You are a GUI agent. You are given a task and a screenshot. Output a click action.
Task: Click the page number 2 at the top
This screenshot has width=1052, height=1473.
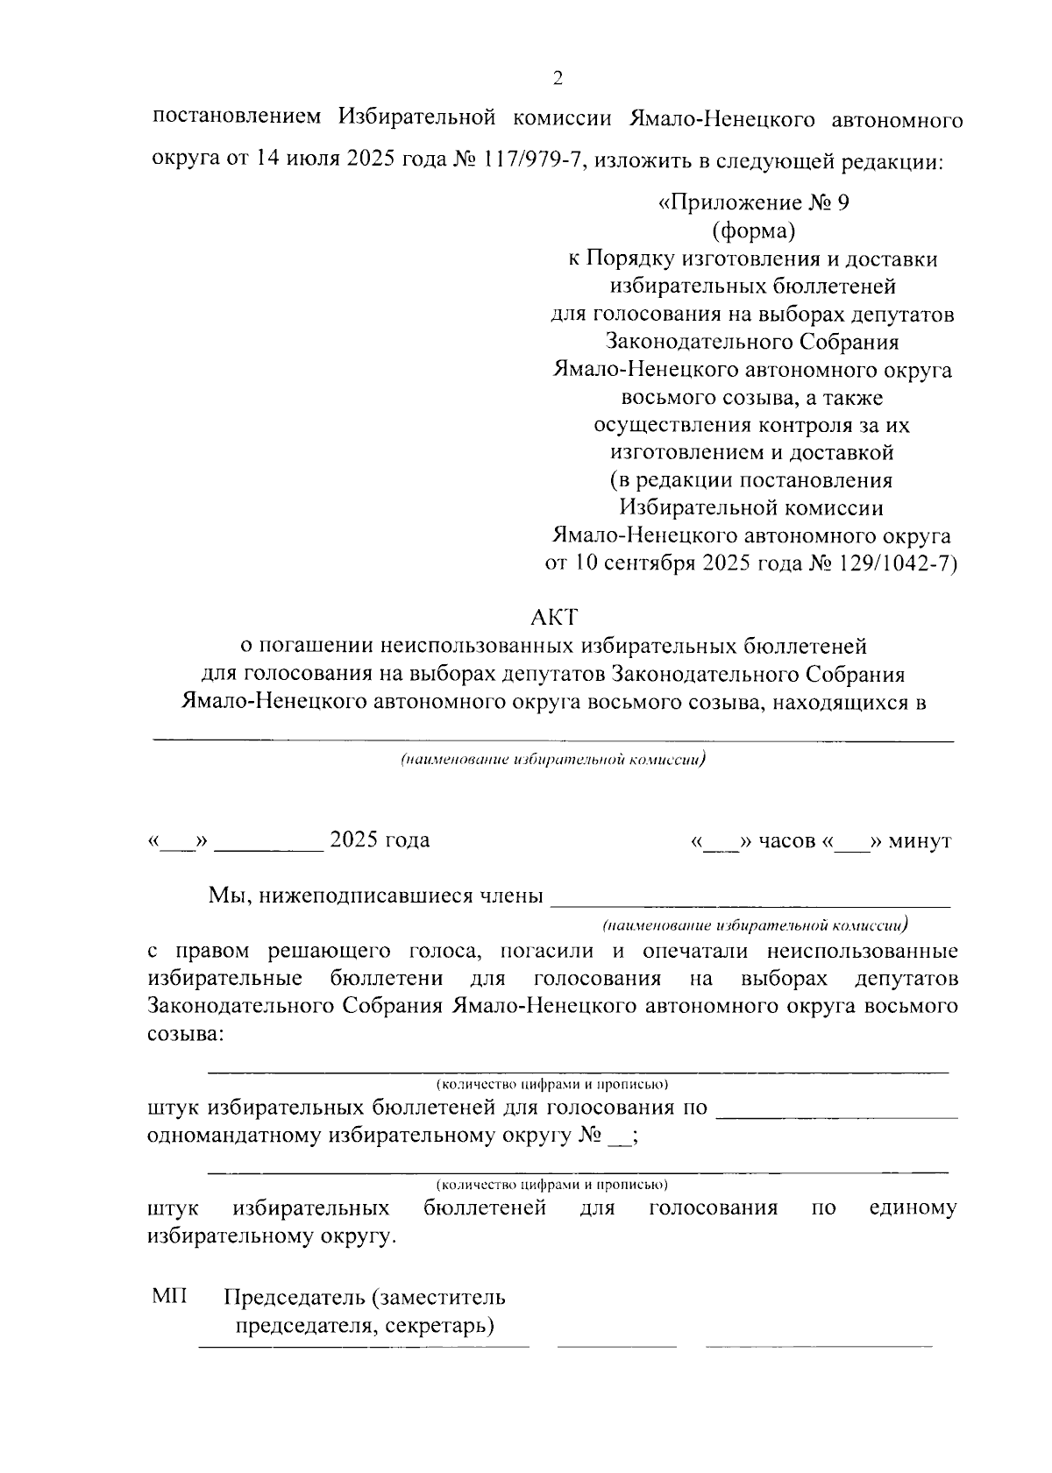coord(558,79)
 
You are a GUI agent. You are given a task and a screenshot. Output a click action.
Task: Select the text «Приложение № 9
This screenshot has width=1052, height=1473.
coord(754,204)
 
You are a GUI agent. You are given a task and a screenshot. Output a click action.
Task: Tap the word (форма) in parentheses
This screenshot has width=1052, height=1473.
coord(753,231)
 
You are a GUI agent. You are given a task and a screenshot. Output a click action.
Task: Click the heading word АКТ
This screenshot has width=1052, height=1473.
coord(554,618)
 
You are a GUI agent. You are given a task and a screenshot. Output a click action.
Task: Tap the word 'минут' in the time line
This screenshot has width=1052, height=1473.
coord(920,842)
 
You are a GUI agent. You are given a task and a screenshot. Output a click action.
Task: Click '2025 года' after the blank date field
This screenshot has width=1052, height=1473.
coord(379,840)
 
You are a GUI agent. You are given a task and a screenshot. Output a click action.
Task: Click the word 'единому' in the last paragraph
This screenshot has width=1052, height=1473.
coord(913,1208)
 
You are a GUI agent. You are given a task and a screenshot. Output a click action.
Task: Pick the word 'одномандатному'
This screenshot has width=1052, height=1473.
coord(233,1137)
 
